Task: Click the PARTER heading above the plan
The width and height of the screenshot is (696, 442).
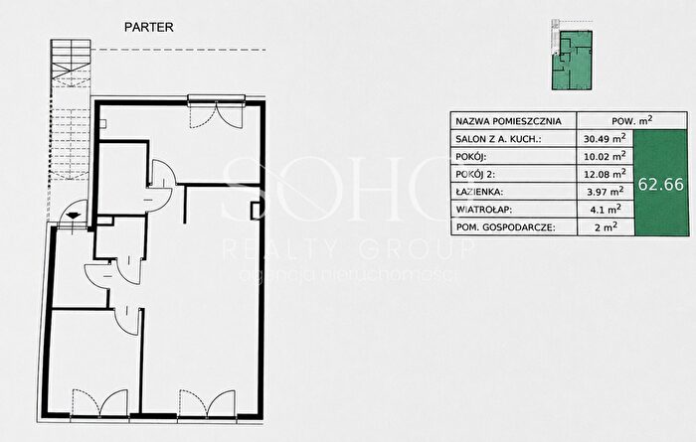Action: point(149,27)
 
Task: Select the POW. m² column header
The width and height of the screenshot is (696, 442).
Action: point(632,120)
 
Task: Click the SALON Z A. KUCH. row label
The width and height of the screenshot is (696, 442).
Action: point(498,139)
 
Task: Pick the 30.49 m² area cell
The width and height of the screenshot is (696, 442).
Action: point(605,138)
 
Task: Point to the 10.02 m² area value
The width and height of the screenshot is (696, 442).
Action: point(605,156)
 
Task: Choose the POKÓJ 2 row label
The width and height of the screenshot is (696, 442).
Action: point(475,174)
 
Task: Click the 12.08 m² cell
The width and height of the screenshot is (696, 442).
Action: point(605,174)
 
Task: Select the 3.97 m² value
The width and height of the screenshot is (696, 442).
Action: point(605,192)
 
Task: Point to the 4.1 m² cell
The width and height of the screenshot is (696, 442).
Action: point(606,209)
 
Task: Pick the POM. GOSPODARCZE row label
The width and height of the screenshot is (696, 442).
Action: point(505,227)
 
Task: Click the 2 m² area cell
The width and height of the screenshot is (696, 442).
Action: point(606,227)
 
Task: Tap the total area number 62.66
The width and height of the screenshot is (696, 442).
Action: point(661,185)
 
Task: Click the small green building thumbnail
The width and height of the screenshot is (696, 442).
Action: point(572,55)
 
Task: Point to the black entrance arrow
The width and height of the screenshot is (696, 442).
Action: point(72,216)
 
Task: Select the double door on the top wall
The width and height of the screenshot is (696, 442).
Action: point(216,112)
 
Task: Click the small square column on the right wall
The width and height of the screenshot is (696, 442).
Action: point(256,211)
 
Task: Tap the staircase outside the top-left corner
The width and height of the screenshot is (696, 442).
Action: point(71,111)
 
